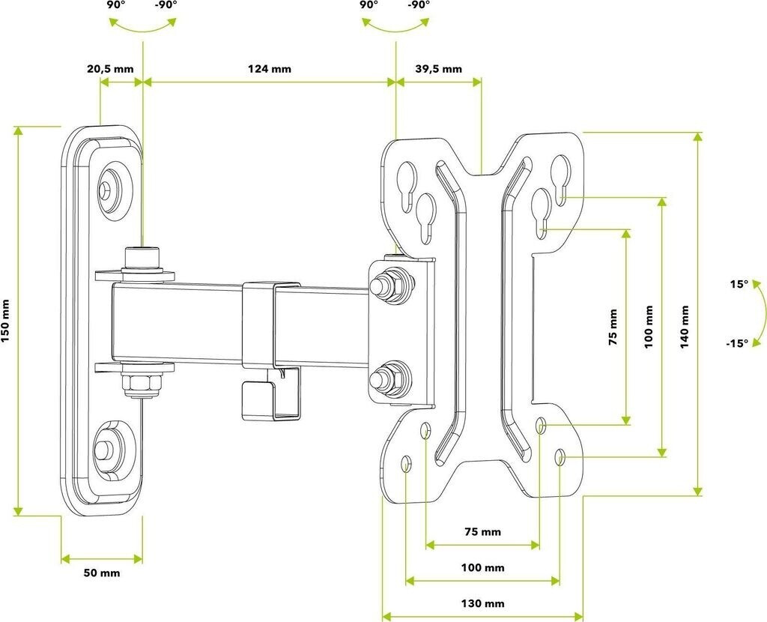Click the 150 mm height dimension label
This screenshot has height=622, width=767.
point(5,321)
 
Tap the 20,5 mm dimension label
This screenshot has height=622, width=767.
point(110,68)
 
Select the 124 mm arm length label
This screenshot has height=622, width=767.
point(270,68)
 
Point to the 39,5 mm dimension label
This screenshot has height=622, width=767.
point(439,68)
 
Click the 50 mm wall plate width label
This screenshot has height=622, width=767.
point(102,573)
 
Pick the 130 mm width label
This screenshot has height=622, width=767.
point(483,603)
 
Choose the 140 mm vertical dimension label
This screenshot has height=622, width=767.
point(685,327)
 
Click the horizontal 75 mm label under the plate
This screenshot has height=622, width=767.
point(483,531)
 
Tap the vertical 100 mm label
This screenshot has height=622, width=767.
point(649,327)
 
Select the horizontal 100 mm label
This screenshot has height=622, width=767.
point(483,568)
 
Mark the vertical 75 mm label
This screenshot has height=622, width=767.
point(613,327)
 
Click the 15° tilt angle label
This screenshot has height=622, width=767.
point(739,284)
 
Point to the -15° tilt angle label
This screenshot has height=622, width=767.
point(737,343)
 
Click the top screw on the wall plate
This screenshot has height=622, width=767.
point(105,189)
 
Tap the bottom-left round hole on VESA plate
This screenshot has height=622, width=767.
point(405,463)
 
